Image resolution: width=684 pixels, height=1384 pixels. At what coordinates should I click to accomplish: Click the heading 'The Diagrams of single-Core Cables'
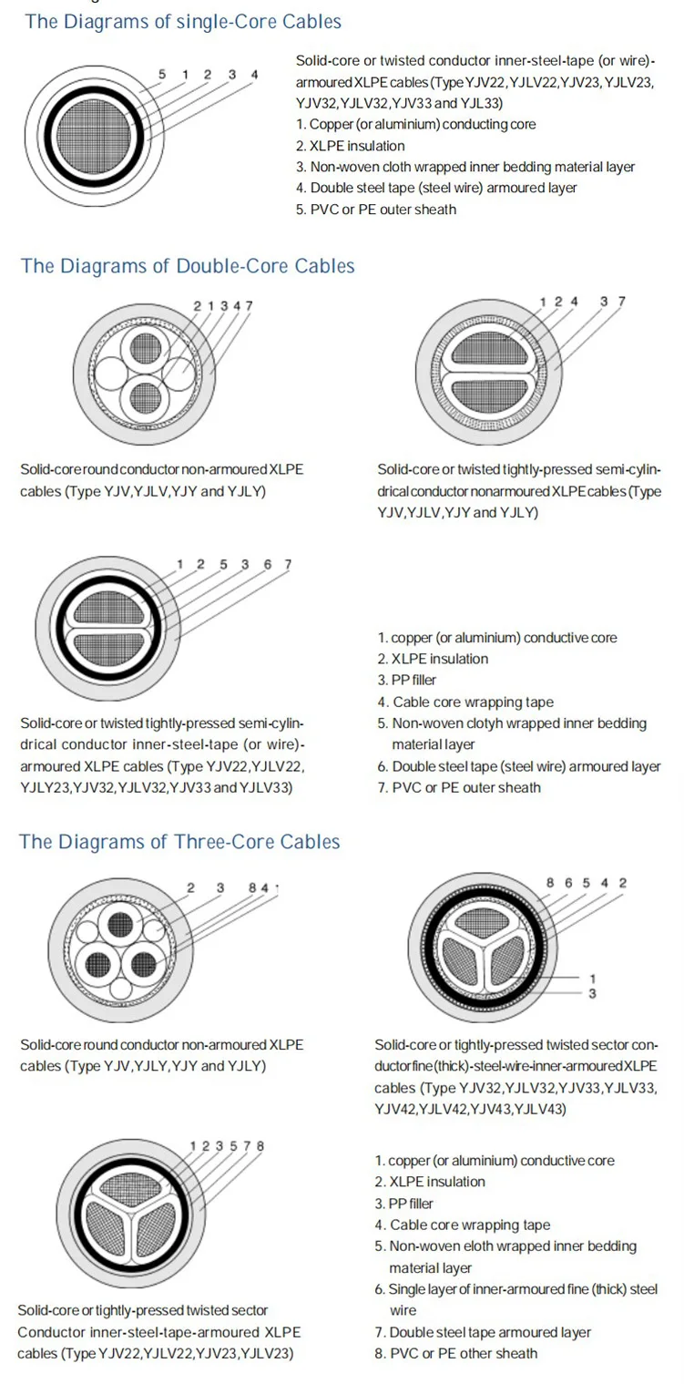183,22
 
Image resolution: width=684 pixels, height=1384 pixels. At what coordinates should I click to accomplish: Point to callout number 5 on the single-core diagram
162,74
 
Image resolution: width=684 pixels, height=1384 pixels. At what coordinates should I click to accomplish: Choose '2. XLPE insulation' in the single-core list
351,146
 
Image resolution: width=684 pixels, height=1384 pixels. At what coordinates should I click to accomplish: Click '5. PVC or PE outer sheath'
376,210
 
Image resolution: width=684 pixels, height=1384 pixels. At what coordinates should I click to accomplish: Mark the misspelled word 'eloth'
482,1246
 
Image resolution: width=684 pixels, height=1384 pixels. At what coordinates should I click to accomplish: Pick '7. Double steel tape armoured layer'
483,1332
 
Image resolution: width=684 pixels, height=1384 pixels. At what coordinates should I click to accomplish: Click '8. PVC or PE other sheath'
456,1353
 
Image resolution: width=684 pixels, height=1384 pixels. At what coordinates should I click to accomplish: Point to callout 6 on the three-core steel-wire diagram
567,883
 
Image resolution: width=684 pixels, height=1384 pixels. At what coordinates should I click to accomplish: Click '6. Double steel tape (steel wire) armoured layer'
519,766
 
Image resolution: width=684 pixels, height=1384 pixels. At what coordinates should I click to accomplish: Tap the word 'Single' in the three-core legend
407,1289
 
